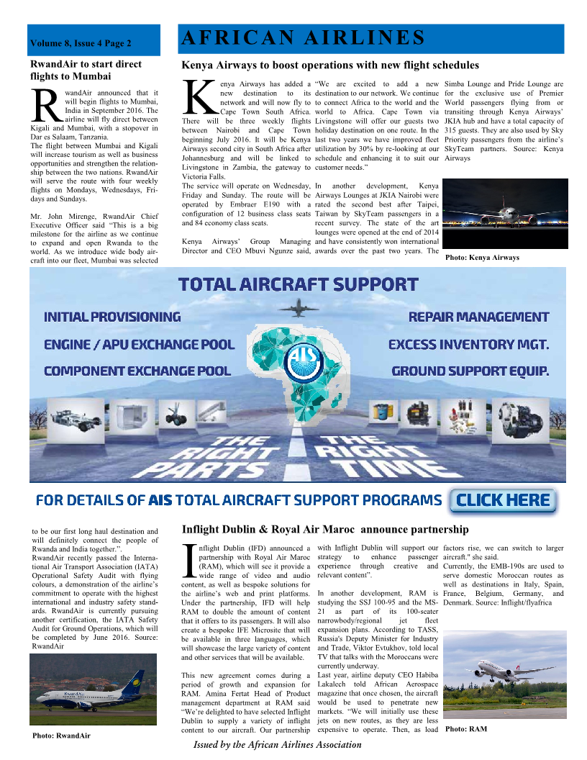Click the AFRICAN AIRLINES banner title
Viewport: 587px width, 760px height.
coord(302,38)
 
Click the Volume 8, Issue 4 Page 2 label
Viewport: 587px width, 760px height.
coord(81,44)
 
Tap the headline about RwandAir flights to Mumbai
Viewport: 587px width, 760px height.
coord(86,70)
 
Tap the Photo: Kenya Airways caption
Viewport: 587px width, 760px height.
coord(482,257)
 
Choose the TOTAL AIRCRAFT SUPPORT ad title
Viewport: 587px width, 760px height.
coord(298,284)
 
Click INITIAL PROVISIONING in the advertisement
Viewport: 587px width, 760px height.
coord(112,317)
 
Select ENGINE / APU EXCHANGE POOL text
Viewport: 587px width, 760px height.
coord(140,344)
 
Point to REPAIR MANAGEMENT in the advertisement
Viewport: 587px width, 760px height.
coord(478,317)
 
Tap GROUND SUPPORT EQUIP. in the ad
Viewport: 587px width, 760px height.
coord(470,371)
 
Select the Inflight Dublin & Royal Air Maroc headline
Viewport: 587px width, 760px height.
coord(325,530)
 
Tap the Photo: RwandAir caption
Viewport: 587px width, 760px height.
coord(61,736)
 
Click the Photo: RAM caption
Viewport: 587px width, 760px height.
coord(466,729)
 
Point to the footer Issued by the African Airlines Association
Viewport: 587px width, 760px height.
coord(277,745)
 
